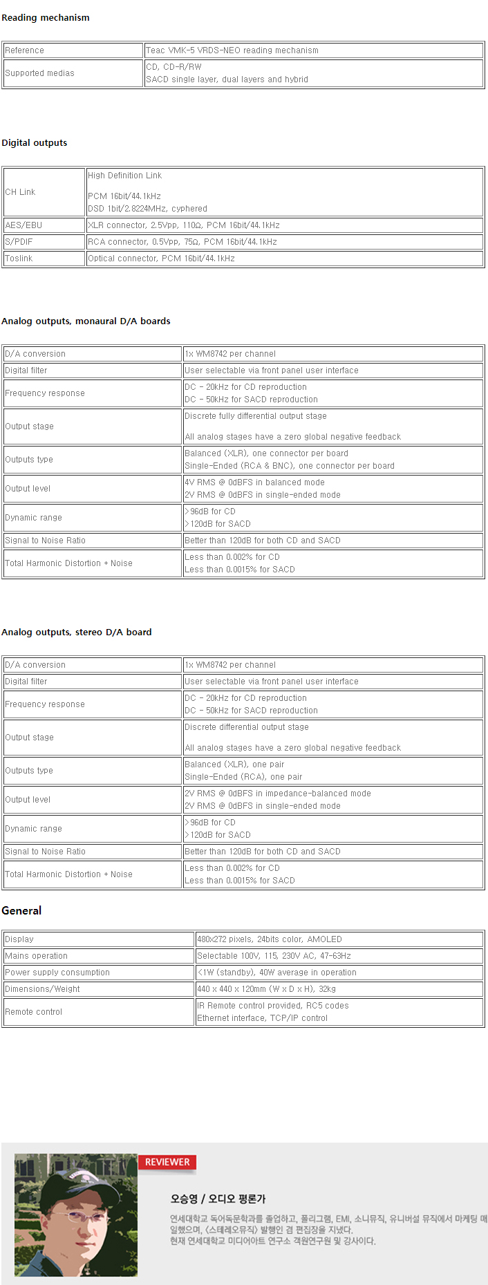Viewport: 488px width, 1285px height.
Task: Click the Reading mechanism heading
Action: (x=46, y=18)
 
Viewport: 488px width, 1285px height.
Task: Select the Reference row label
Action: (x=24, y=50)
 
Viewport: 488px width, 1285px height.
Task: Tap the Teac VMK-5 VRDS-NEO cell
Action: (x=232, y=50)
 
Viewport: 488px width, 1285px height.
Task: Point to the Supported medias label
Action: (x=39, y=73)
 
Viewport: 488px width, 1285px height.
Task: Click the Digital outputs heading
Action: (x=35, y=143)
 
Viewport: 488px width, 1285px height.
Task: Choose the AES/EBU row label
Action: (x=24, y=225)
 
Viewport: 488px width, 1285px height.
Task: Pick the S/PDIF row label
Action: (x=19, y=242)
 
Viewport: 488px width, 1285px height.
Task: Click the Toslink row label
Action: (x=19, y=259)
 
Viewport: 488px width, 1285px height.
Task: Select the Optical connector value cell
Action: (x=161, y=259)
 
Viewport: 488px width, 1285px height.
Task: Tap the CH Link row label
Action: (x=20, y=192)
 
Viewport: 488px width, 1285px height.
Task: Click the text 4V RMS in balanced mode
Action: (x=254, y=482)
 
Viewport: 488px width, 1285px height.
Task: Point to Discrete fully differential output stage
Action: (x=255, y=416)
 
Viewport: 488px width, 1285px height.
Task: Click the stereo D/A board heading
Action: (x=77, y=632)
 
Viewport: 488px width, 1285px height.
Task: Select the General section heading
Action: (x=21, y=911)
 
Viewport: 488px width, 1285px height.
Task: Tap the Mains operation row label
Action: (x=36, y=956)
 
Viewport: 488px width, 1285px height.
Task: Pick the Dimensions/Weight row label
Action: (x=42, y=989)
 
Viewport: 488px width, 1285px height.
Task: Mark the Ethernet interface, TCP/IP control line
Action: (x=262, y=1018)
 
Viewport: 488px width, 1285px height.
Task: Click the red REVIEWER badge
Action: (x=167, y=1163)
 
